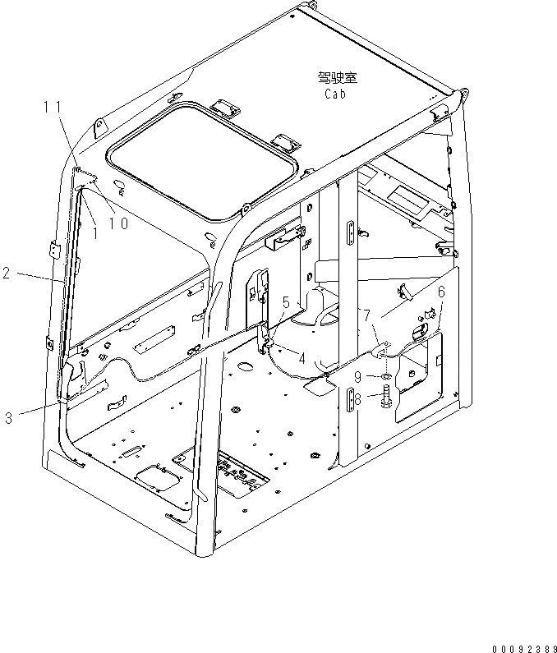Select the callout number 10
pyautogui.click(x=118, y=223)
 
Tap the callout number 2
pyautogui.click(x=7, y=274)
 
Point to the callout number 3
pyautogui.click(x=8, y=418)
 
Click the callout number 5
pyautogui.click(x=286, y=301)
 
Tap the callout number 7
pyautogui.click(x=367, y=314)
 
